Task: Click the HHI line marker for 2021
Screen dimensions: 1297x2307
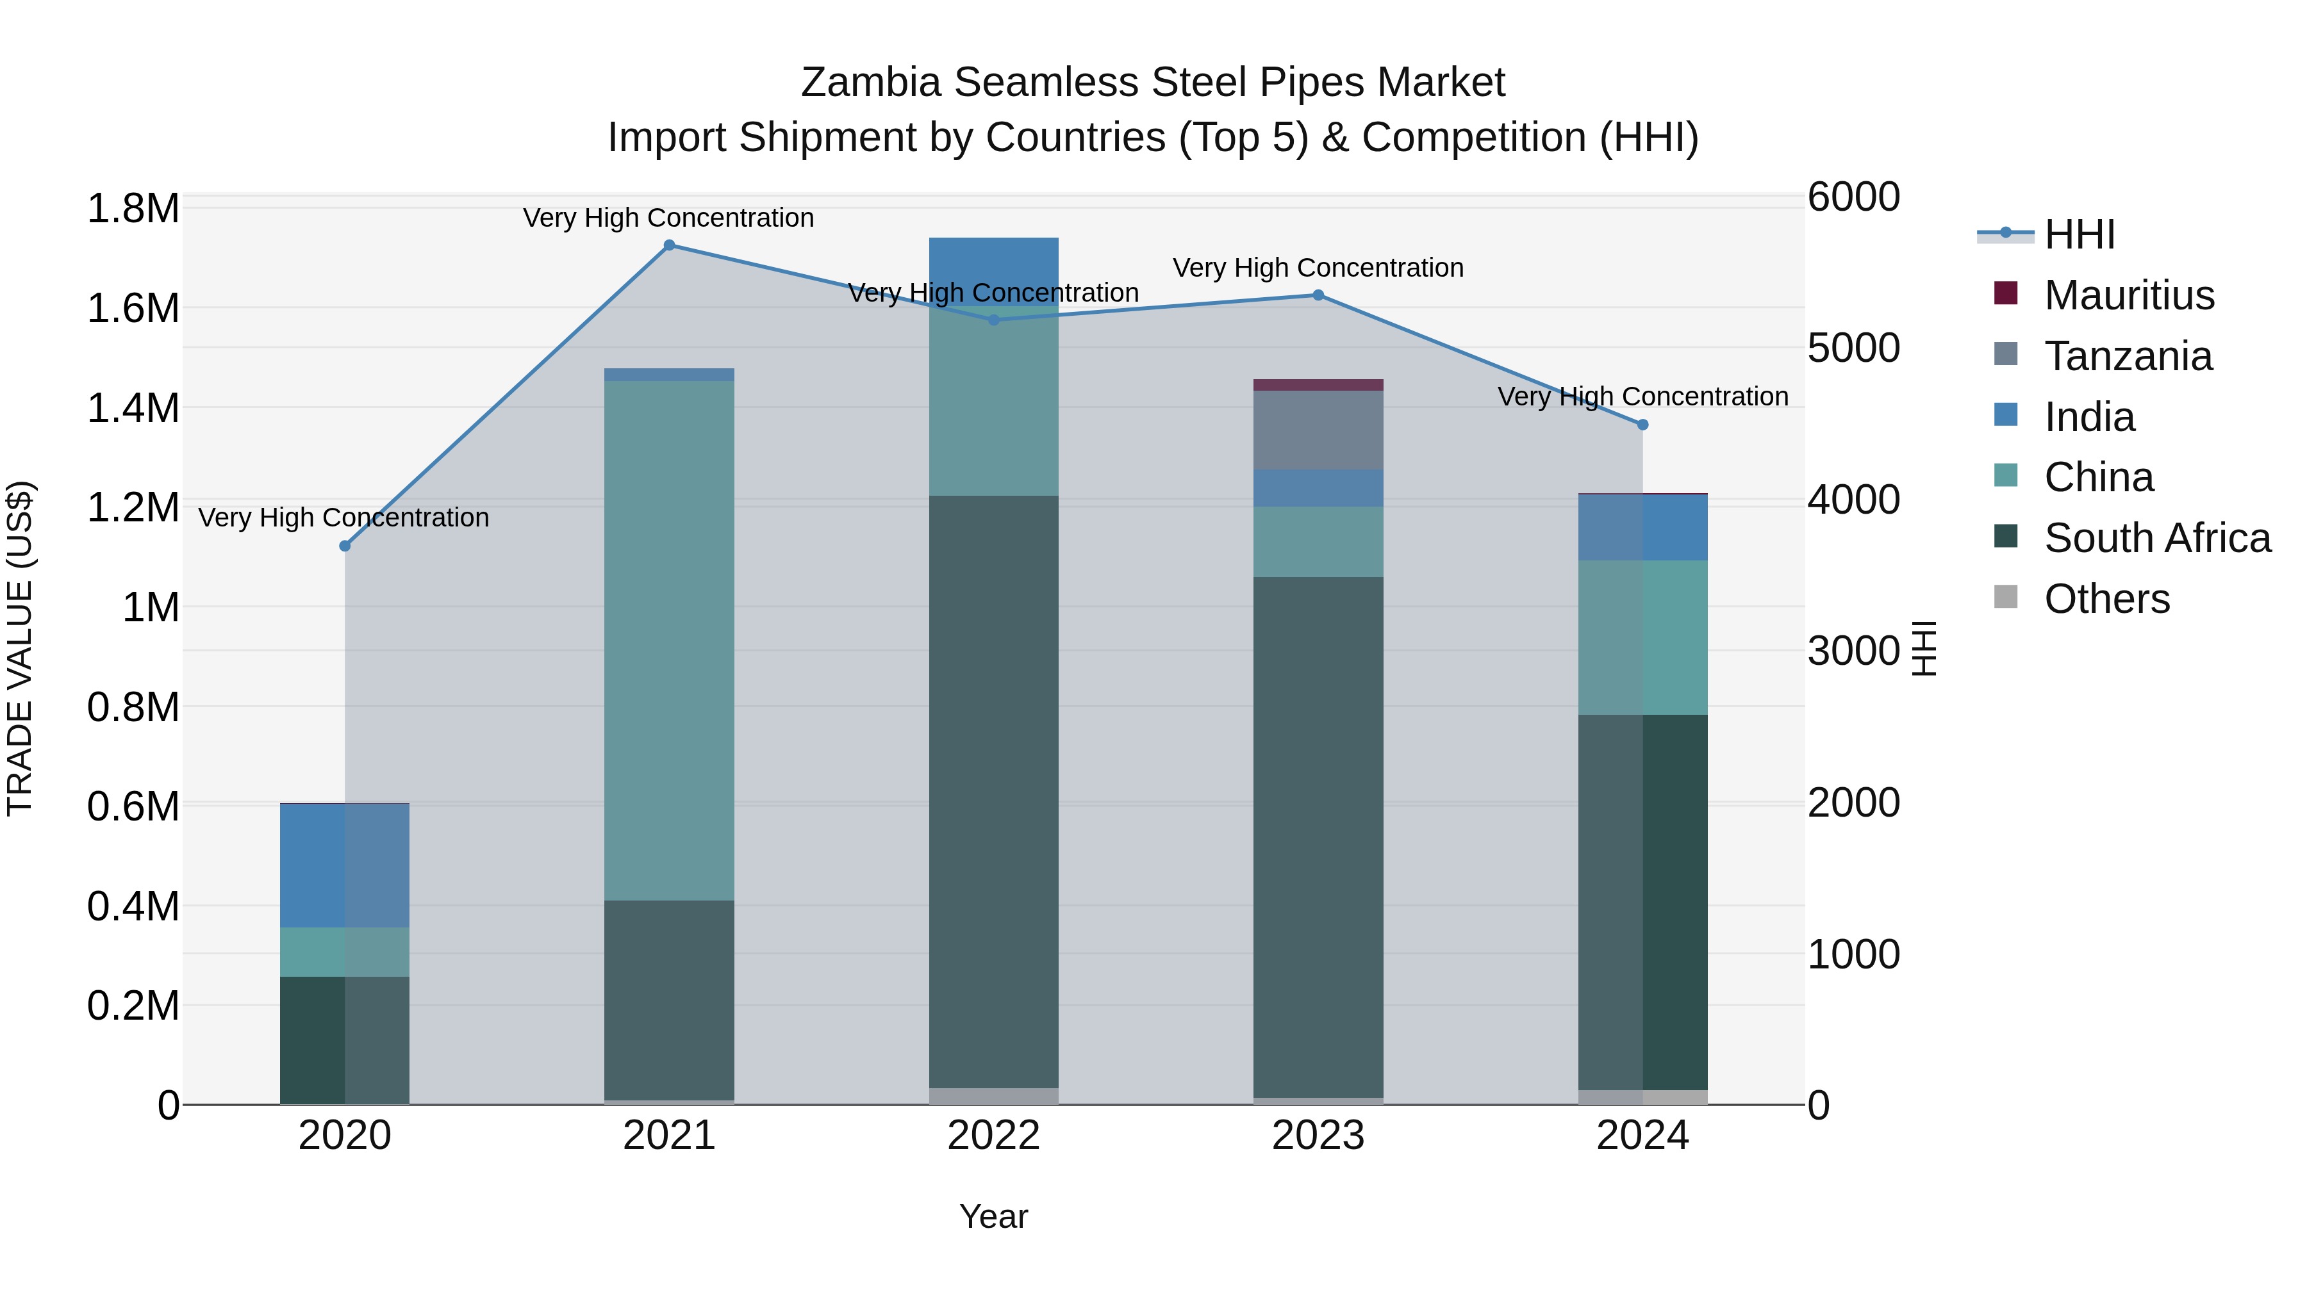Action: (x=669, y=245)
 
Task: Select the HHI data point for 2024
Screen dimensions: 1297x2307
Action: (x=1642, y=425)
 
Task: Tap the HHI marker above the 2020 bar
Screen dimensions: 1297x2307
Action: (x=345, y=546)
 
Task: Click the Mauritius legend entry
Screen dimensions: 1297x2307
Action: (x=2129, y=295)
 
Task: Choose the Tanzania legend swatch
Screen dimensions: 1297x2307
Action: (x=2006, y=354)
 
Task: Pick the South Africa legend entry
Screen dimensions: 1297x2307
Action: (x=2156, y=538)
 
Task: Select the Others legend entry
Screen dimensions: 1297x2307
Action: (x=2106, y=599)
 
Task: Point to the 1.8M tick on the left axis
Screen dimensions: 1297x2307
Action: (x=133, y=209)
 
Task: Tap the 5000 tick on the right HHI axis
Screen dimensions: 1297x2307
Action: (x=1853, y=348)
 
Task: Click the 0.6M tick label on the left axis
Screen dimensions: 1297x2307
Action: (x=133, y=806)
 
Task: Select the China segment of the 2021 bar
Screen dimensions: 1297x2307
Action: (x=669, y=640)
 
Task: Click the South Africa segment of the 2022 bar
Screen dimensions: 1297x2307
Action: (x=993, y=792)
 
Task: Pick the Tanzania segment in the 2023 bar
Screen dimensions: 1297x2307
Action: (x=1318, y=430)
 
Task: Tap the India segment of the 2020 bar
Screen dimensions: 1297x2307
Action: (x=345, y=865)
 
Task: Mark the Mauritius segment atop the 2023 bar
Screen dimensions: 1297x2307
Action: (x=1318, y=385)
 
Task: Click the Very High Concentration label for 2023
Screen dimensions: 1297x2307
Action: (x=1318, y=268)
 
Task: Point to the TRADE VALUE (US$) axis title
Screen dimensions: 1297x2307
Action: (x=20, y=649)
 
